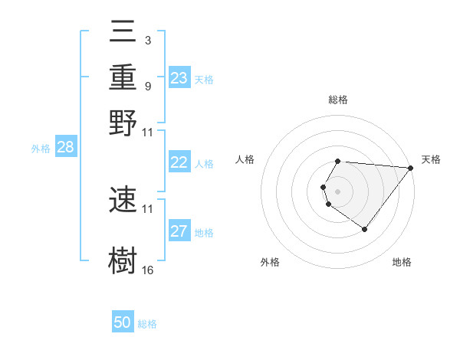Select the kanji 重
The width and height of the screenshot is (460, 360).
click(123, 79)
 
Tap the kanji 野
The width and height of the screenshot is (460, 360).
click(123, 123)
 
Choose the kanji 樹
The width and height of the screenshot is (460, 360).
click(123, 260)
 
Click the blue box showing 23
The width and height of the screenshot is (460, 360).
click(179, 77)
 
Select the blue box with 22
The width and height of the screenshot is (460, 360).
click(179, 162)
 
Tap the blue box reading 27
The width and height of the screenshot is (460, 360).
click(179, 231)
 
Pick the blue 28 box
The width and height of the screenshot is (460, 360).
click(65, 148)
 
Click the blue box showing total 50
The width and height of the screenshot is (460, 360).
click(123, 322)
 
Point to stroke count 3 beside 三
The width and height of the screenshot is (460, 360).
click(147, 39)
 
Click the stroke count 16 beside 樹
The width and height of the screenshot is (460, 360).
click(148, 270)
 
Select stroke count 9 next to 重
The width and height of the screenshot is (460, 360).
click(147, 86)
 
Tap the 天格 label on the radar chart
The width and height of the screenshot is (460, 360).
click(431, 159)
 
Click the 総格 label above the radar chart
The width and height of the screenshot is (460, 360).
click(338, 100)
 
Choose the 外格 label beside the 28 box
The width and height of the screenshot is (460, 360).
click(41, 149)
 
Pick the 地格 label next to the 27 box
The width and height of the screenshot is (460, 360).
click(204, 232)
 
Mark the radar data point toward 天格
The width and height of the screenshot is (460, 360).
click(411, 168)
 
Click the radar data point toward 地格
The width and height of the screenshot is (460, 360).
click(364, 229)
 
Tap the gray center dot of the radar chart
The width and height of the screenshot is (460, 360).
click(338, 191)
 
